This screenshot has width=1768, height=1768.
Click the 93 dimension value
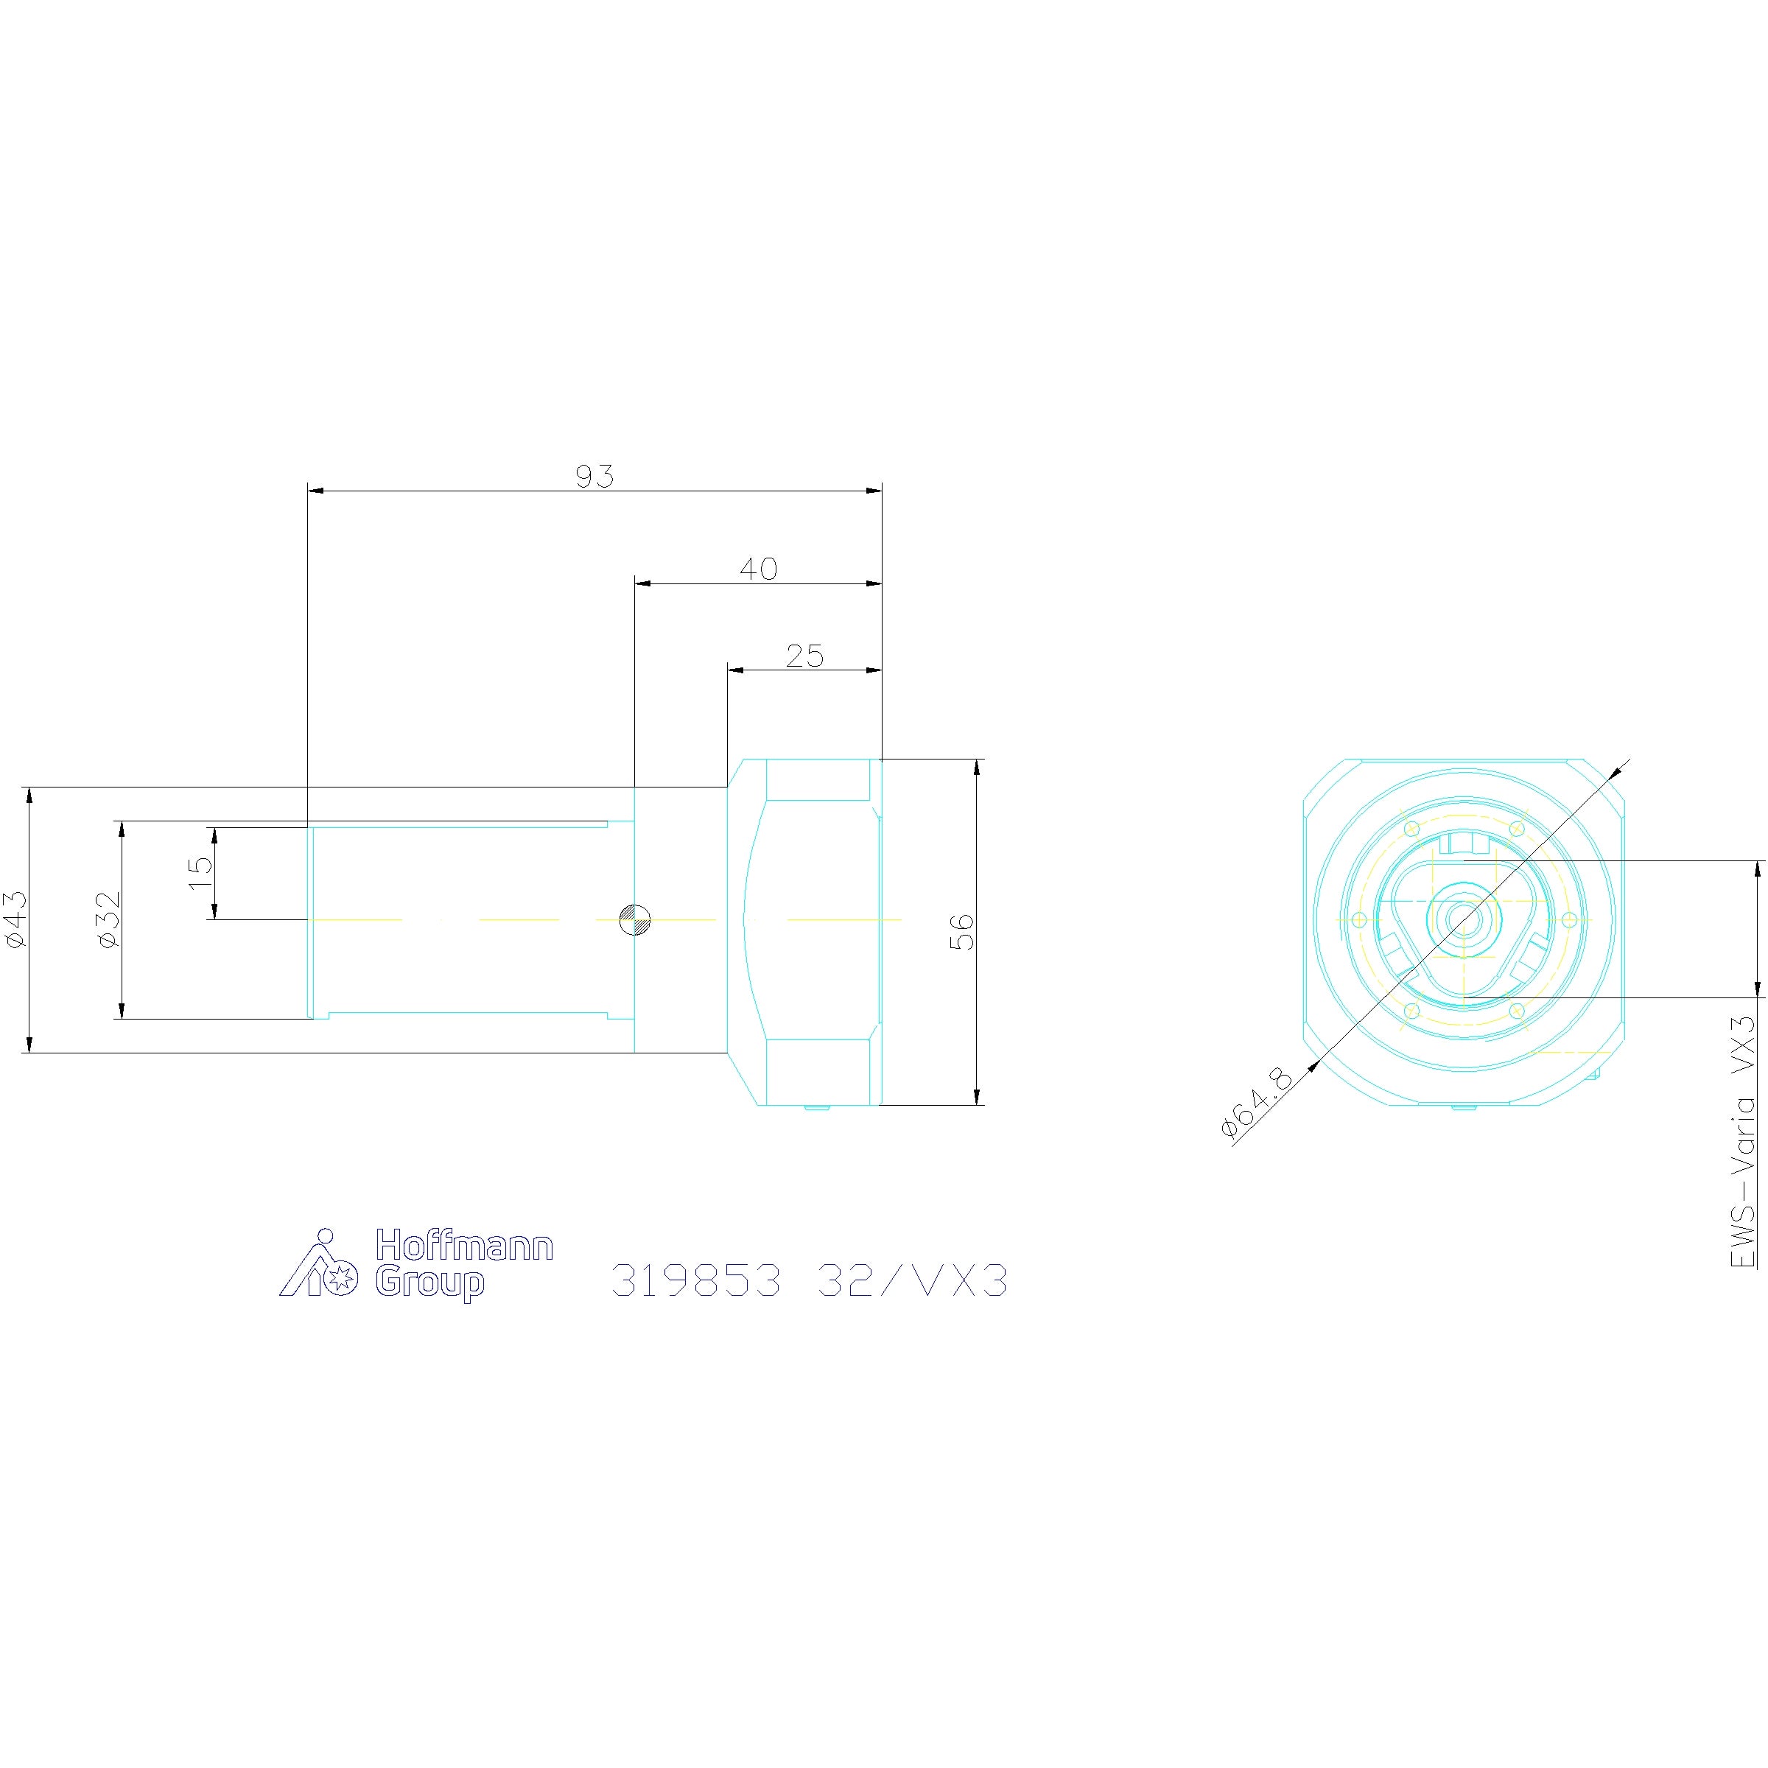pos(594,477)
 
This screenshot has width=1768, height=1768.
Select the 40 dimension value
pos(759,569)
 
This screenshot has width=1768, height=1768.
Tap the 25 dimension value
pos(804,656)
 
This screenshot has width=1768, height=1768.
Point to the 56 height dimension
pos(964,933)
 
